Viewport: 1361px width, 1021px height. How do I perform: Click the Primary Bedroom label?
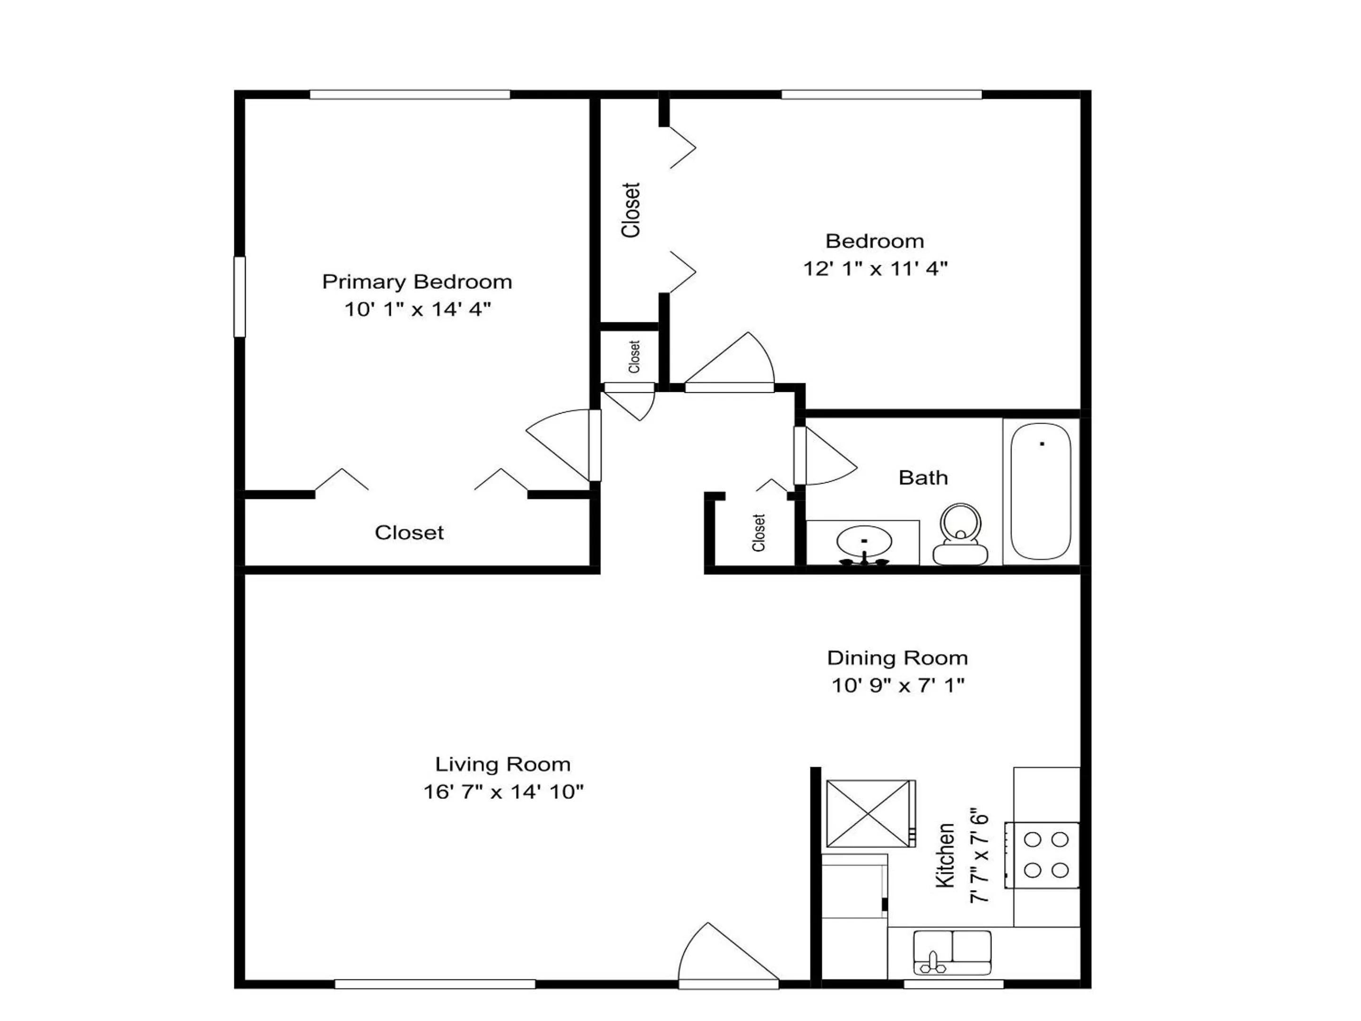417,282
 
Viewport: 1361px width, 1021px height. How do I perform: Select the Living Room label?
503,764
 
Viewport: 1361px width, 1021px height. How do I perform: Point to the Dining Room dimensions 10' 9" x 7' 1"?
898,685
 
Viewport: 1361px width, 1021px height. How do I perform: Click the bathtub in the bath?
1041,491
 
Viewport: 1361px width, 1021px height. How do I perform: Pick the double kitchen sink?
952,952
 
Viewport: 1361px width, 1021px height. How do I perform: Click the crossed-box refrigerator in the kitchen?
870,813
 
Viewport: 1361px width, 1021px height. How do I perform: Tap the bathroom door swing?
825,455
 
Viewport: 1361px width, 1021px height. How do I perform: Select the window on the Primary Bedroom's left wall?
239,297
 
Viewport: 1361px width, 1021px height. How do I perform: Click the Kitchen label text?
945,856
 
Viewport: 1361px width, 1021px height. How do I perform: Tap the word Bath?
923,477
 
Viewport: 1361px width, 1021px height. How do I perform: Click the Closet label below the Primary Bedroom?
409,532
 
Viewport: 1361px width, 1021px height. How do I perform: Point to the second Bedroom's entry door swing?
729,362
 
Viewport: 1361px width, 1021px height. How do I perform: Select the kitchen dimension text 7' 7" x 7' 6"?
979,856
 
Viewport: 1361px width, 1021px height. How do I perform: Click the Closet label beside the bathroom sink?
758,532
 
